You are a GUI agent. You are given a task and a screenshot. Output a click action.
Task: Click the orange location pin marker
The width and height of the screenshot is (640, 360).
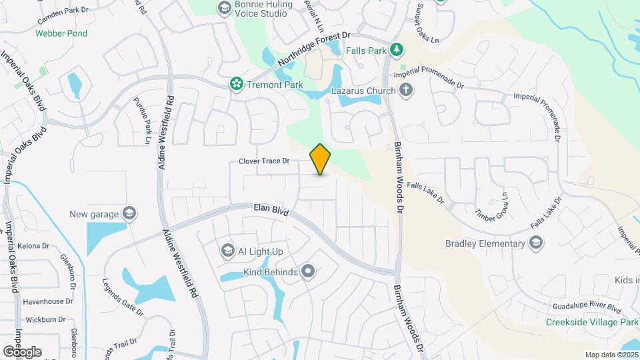point(321,159)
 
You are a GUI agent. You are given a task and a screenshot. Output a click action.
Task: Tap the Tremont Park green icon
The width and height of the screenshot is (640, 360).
point(235,84)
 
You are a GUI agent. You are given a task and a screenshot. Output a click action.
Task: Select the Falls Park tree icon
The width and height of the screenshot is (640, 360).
point(397,49)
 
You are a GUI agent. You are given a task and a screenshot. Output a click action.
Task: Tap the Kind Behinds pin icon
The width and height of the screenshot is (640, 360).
point(307,271)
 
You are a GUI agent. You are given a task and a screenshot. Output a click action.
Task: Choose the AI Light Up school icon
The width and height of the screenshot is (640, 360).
point(227,251)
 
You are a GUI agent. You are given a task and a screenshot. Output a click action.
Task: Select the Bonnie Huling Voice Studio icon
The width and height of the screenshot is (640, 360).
point(224,7)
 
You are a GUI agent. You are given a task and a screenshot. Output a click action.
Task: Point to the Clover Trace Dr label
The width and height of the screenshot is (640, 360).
point(265,161)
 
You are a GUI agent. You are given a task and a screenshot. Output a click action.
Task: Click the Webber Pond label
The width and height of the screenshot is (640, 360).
point(61,33)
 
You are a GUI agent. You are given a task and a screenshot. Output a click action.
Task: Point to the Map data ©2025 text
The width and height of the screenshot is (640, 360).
point(610,355)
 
